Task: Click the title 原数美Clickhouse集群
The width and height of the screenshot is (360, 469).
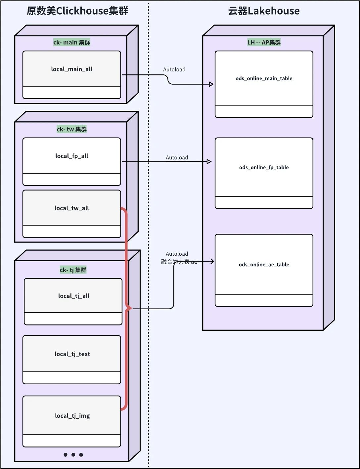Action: [77, 11]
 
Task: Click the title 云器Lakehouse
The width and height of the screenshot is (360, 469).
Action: [264, 11]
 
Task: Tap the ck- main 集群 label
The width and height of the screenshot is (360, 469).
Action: [71, 42]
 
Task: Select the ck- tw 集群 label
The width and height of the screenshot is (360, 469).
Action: [71, 129]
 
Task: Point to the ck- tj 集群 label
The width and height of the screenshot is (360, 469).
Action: [73, 270]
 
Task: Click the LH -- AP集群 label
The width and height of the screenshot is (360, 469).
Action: [264, 42]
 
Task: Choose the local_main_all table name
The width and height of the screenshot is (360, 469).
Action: [71, 69]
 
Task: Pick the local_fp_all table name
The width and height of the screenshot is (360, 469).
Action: [71, 156]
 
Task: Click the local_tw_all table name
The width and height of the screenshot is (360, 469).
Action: [71, 208]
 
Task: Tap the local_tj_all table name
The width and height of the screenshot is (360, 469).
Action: [73, 296]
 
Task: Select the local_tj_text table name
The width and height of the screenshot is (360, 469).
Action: [72, 354]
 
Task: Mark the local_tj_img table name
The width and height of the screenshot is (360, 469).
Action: [72, 416]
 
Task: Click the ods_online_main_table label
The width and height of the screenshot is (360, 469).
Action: [264, 78]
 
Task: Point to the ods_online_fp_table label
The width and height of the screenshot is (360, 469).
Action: [264, 167]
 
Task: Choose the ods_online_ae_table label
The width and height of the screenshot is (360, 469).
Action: [264, 265]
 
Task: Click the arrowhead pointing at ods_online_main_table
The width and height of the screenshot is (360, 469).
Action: [211, 84]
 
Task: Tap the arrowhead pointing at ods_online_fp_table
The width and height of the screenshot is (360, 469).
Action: [209, 162]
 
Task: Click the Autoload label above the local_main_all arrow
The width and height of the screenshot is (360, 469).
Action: [174, 69]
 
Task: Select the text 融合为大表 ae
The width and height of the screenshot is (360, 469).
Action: [179, 262]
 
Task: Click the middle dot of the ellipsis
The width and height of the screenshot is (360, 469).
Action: [73, 455]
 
